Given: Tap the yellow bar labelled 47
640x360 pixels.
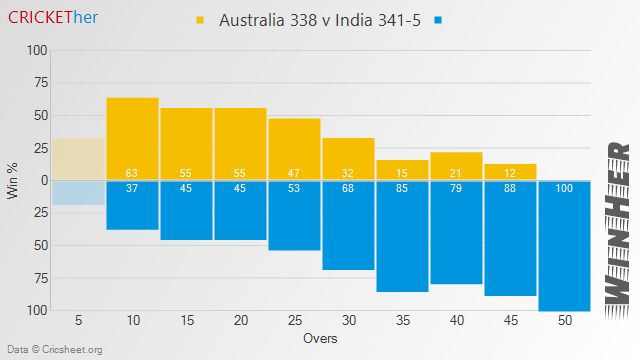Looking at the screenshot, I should [x=294, y=149].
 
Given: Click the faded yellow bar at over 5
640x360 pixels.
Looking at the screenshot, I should [x=78, y=159].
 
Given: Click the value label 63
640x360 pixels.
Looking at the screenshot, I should [x=132, y=173].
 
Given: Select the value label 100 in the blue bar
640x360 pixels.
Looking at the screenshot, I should [x=564, y=188].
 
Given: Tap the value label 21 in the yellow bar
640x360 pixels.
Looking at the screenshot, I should [x=456, y=173].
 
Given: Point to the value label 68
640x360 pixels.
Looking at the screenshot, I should [x=348, y=188].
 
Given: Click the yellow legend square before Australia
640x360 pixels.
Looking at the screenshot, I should [x=199, y=20].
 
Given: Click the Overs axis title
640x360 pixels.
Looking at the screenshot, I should [x=320, y=338].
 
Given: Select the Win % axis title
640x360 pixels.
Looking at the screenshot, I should [x=13, y=180].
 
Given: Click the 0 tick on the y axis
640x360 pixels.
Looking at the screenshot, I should [x=42, y=180].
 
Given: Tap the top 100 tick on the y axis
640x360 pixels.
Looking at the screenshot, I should [x=36, y=50].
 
